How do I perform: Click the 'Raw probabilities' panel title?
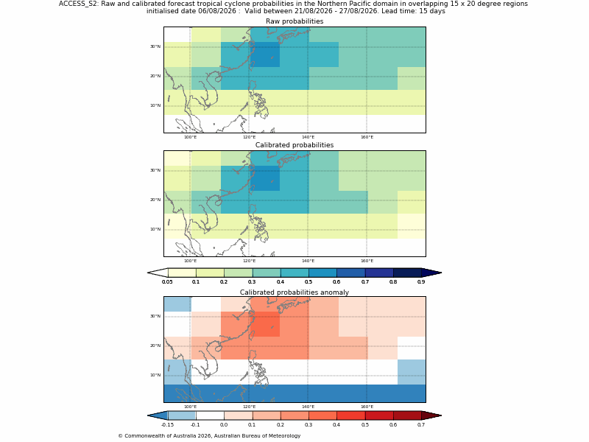coord(294,21)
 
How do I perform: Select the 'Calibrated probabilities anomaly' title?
coord(294,292)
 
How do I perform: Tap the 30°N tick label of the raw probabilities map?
coord(155,46)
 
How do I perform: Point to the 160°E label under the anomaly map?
coord(367,407)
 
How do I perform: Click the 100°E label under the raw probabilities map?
coord(190,137)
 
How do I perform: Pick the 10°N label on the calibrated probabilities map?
coord(155,229)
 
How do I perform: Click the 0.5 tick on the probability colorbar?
coord(308,282)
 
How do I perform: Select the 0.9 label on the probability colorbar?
coord(421,282)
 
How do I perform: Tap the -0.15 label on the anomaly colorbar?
coord(167,425)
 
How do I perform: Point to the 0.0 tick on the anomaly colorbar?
coord(224,425)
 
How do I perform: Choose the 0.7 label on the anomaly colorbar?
coord(421,425)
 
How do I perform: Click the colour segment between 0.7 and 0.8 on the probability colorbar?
coord(379,273)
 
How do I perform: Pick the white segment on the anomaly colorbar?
coord(210,415)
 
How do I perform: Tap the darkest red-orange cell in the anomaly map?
coord(265,324)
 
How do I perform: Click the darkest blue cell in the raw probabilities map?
coord(265,55)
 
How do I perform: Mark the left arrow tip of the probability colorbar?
coord(148,273)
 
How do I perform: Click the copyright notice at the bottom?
coord(209,436)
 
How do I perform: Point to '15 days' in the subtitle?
coord(433,11)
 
